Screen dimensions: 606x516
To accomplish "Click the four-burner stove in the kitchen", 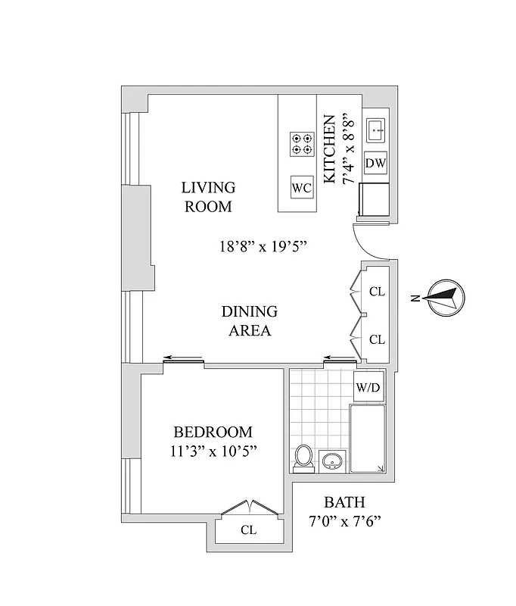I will click(302, 144).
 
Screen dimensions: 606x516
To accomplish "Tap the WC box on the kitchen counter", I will click(301, 186).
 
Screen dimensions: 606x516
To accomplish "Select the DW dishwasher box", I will click(375, 163).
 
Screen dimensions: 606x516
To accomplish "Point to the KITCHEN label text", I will click(329, 149).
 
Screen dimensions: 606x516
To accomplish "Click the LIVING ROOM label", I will click(208, 196).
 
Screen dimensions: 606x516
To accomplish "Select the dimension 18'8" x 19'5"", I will click(262, 246).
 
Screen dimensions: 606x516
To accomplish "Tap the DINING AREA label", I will click(249, 320).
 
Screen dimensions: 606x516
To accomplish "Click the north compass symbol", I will click(442, 297).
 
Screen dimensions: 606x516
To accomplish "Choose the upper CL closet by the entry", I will click(377, 291).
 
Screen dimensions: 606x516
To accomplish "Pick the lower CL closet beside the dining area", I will click(377, 339).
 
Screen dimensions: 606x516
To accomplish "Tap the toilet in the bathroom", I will click(303, 458).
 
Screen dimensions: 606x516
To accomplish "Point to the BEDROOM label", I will click(213, 432).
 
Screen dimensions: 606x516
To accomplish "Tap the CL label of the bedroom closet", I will click(248, 529).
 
